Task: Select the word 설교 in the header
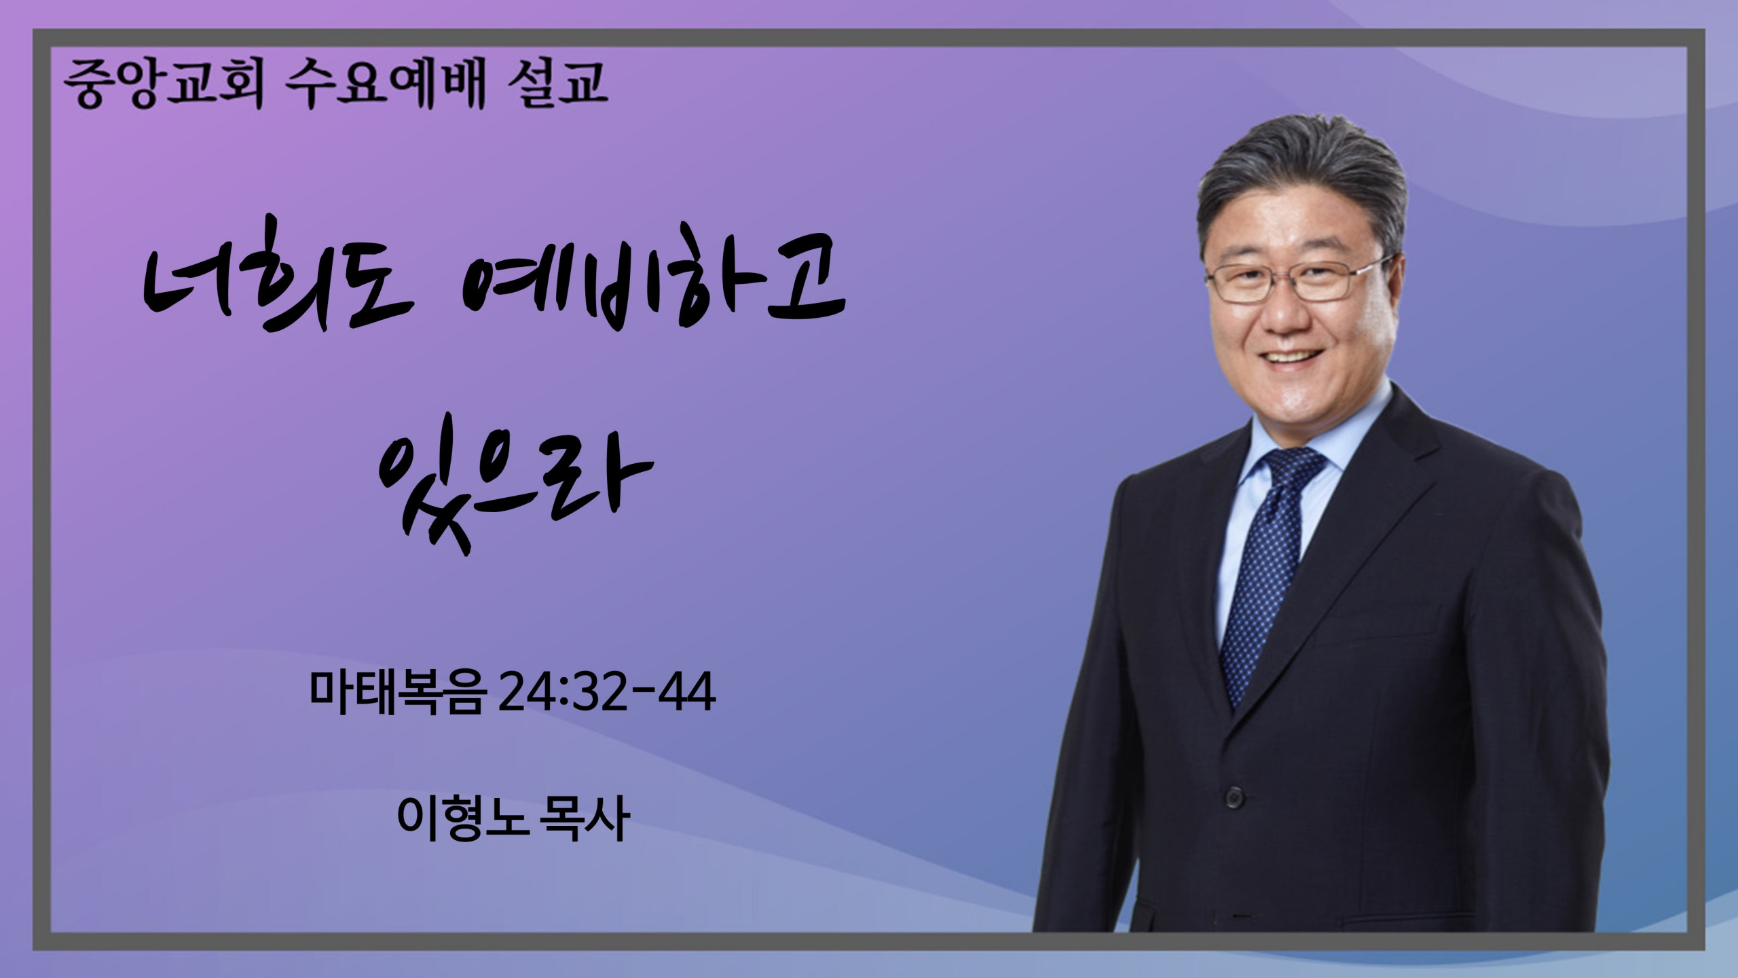click(x=557, y=84)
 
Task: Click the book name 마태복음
click(x=398, y=693)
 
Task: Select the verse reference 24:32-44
click(x=606, y=693)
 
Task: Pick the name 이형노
click(x=462, y=819)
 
